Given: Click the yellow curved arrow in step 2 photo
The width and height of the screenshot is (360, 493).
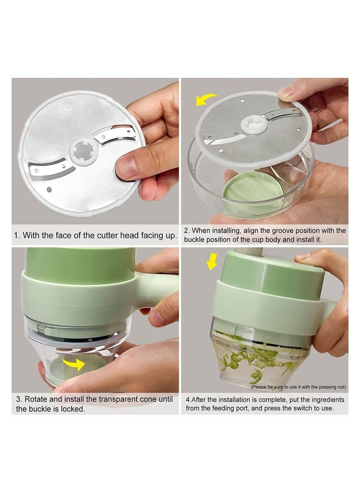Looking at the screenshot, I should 205,100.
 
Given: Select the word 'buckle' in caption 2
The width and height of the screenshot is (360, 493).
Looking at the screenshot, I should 194,239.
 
